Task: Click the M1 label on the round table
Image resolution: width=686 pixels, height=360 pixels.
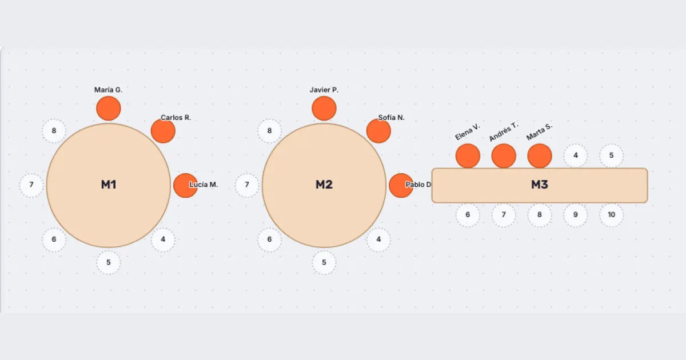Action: pos(109,185)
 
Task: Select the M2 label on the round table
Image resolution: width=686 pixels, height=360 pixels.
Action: pos(324,185)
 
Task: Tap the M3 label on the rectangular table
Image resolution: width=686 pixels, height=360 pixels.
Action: pos(540,185)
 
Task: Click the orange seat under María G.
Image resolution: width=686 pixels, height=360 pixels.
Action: pos(109,109)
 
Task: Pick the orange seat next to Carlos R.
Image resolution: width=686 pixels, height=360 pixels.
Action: pos(163,131)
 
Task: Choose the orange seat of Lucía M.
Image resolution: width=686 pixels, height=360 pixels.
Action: pos(186,186)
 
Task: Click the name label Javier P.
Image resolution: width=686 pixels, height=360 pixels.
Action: pos(324,90)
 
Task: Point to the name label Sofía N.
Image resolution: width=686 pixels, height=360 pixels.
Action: pos(392,118)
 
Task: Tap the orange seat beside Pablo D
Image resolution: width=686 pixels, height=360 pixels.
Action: pos(401,186)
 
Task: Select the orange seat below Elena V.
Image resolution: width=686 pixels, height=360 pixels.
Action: pos(468,156)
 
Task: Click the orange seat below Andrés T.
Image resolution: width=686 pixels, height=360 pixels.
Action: pos(504,156)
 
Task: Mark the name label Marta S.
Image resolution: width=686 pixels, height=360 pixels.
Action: pos(539,132)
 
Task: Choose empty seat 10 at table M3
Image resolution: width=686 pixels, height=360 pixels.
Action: pos(612,215)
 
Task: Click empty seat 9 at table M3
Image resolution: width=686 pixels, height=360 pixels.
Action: pos(576,215)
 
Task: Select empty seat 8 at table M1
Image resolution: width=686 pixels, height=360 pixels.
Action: pos(54,131)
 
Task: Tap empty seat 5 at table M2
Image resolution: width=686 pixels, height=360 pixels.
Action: pos(324,263)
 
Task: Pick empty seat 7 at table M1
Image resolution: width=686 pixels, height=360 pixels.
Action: pos(31,185)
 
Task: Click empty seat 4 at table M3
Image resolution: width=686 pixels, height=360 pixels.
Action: pos(576,155)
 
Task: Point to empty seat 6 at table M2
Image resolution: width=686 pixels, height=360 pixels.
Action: pos(269,239)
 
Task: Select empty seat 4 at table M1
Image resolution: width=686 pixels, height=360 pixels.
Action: pos(163,239)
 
